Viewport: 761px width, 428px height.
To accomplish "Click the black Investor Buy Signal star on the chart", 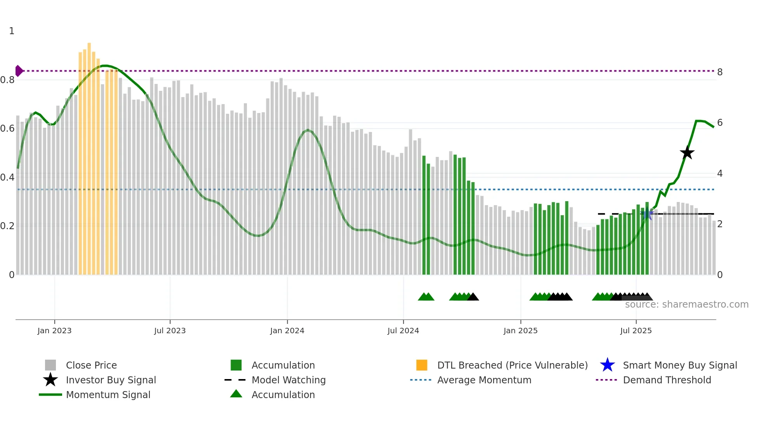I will point(687,153).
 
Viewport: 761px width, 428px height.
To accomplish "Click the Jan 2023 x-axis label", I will point(54,331).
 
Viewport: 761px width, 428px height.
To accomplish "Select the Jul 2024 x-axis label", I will point(403,331).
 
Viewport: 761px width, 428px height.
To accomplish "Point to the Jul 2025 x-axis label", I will point(636,331).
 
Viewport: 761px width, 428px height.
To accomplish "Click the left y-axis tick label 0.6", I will point(7,129).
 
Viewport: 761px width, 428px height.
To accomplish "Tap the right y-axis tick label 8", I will point(720,72).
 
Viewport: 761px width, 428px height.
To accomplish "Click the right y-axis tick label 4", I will point(720,174).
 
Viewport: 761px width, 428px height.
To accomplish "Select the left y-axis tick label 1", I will point(12,31).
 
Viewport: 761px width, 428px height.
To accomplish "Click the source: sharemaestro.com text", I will point(686,304).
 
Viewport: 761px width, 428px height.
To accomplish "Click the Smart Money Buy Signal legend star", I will point(607,365).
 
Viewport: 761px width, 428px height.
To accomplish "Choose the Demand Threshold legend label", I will point(667,380).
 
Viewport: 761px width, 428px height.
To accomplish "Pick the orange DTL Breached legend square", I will point(422,365).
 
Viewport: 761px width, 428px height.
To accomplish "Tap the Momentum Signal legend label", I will point(108,395).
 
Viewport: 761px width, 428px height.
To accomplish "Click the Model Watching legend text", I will point(288,380).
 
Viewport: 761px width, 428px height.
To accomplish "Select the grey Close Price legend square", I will point(50,365).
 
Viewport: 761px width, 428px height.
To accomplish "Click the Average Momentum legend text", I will point(484,380).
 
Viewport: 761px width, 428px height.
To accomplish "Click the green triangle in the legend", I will point(236,394).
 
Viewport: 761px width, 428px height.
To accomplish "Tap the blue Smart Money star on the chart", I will point(647,214).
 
